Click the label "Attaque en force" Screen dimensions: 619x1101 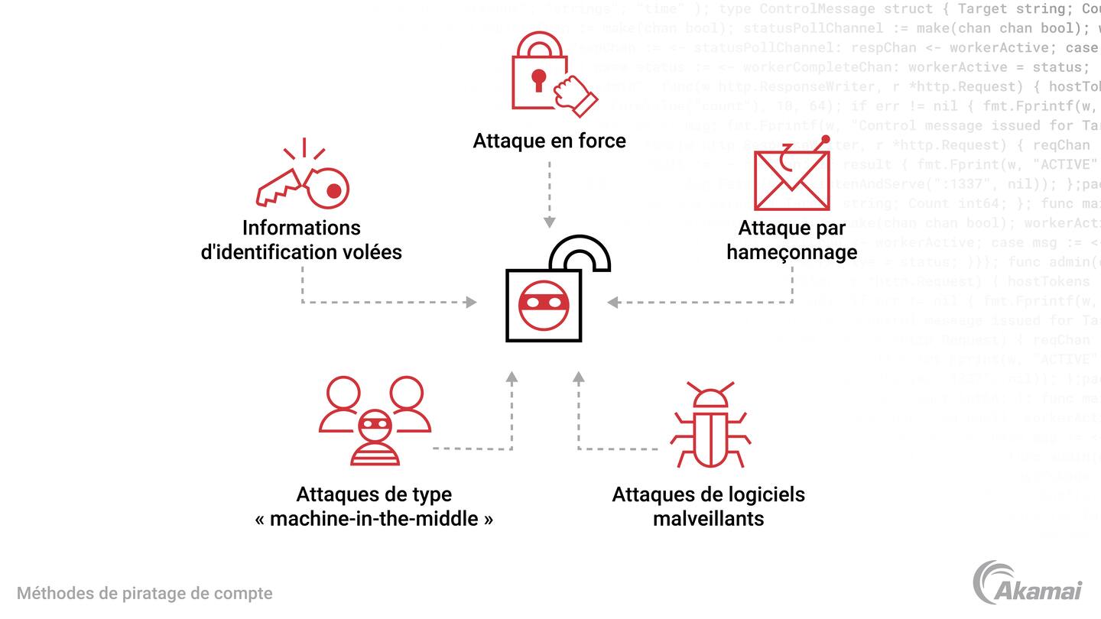coord(549,141)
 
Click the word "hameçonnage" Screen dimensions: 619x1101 coord(791,251)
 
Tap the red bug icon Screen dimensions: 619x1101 coord(710,426)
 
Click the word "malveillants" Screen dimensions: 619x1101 coord(708,518)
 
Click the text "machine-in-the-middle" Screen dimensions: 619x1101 coord(374,518)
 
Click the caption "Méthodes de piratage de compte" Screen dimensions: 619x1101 coord(145,593)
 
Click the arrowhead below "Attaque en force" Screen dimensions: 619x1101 coord(549,222)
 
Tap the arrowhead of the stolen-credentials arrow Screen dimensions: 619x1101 coord(472,303)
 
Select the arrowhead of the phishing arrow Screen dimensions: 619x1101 coord(612,303)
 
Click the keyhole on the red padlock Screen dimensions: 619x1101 coord(539,79)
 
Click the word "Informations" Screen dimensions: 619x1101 coord(301,227)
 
